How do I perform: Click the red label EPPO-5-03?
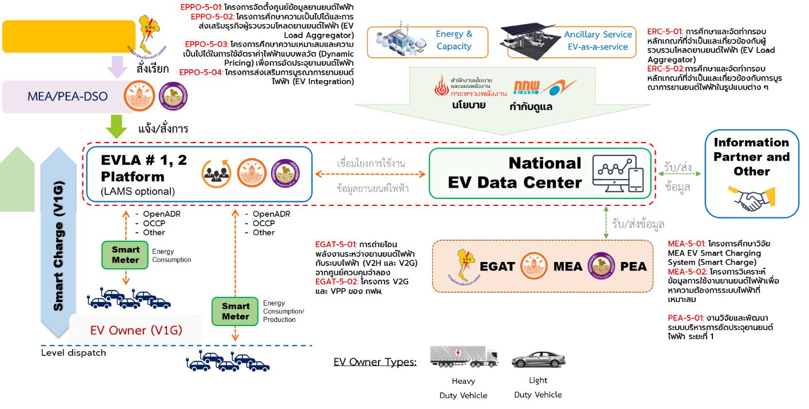[x=207, y=44]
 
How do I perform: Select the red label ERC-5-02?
[x=665, y=69]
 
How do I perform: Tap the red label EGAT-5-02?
[x=337, y=281]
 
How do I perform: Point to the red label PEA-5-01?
[x=686, y=318]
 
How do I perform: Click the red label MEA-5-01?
[x=687, y=244]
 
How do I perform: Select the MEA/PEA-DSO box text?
[x=67, y=97]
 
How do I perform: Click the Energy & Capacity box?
[x=428, y=42]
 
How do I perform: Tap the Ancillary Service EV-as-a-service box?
[x=572, y=42]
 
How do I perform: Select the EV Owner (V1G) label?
[x=136, y=331]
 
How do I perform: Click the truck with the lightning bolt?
[x=464, y=356]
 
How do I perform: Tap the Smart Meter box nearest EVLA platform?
[x=125, y=255]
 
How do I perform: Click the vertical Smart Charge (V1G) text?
[x=58, y=246]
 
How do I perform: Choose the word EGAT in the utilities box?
[x=497, y=267]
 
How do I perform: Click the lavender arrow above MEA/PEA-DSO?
[x=117, y=67]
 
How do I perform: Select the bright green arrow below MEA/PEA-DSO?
[x=117, y=126]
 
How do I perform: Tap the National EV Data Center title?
[x=515, y=173]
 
